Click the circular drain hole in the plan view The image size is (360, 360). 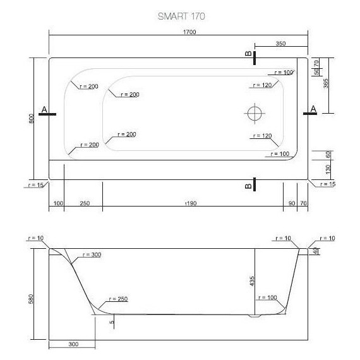[254, 114]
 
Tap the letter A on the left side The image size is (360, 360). [44, 109]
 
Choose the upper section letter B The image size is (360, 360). [248, 56]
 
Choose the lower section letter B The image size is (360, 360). [248, 185]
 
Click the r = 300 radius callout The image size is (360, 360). [91, 255]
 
